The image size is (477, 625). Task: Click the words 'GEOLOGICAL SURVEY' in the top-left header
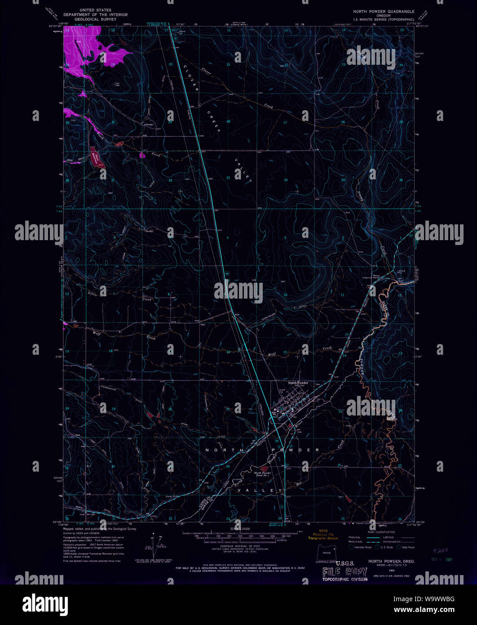click(x=95, y=20)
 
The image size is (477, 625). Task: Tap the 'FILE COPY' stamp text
click(x=345, y=571)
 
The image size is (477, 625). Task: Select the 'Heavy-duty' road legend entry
click(x=355, y=537)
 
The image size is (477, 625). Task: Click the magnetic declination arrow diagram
click(x=157, y=543)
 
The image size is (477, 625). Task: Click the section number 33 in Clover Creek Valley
click(x=228, y=178)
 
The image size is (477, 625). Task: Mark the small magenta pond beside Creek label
click(x=142, y=156)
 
